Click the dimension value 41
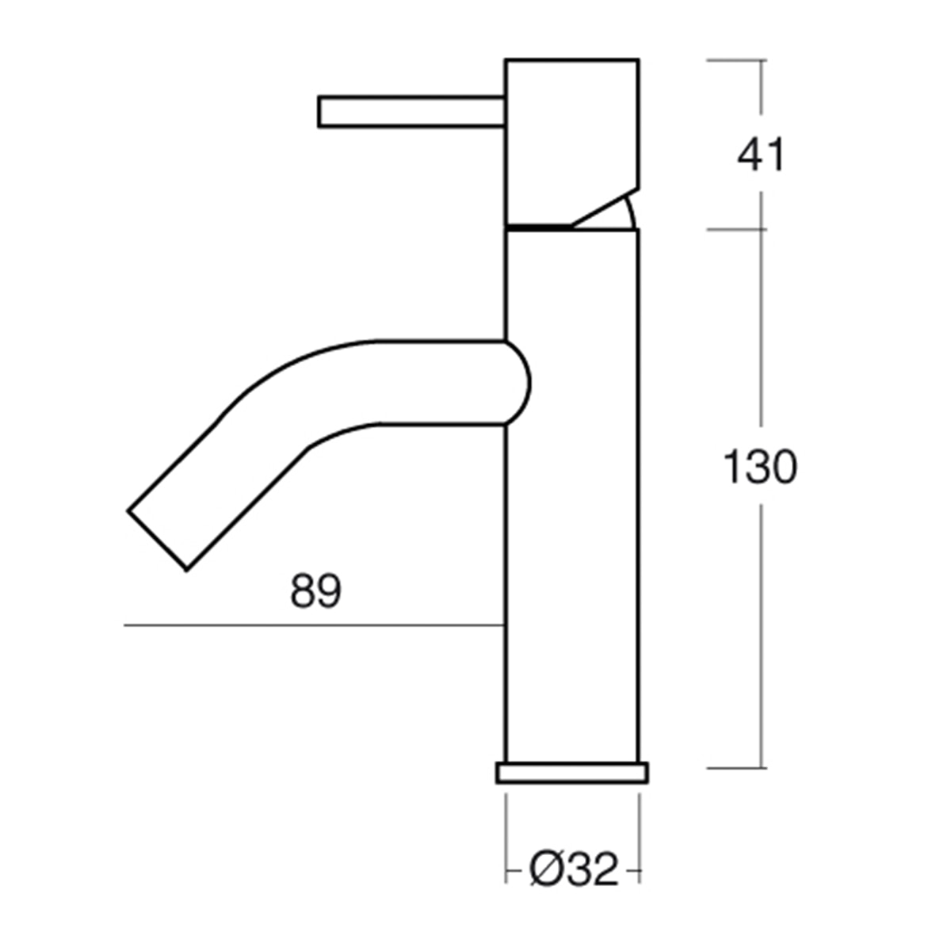[x=760, y=155]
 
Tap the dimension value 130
[x=760, y=466]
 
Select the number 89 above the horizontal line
[x=316, y=590]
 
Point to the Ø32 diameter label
[x=574, y=869]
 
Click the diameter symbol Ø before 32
[x=548, y=869]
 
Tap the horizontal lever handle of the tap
[x=411, y=112]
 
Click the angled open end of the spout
[x=157, y=540]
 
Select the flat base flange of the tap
[x=572, y=773]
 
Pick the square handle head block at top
[x=572, y=143]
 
